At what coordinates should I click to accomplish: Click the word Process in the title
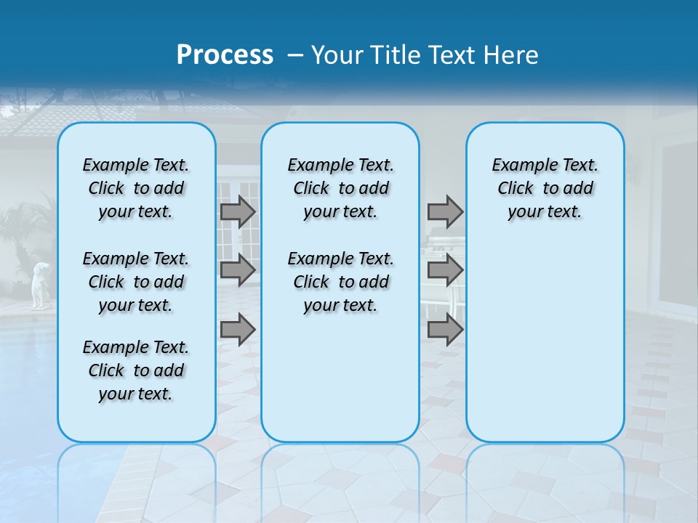pos(225,54)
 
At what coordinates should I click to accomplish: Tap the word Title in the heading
pos(393,55)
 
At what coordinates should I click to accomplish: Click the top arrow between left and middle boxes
pos(238,211)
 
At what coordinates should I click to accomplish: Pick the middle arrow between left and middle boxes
pos(238,270)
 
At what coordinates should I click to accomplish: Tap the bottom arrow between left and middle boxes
pos(238,330)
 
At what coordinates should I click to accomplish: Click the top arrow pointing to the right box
pos(445,211)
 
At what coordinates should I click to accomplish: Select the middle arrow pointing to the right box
pos(445,270)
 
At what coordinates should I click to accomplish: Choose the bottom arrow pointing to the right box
pos(445,330)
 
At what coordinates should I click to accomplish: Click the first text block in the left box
pos(136,188)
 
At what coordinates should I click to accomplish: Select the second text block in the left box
pos(136,282)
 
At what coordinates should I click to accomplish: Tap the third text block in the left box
pos(136,370)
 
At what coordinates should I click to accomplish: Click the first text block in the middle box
pos(340,188)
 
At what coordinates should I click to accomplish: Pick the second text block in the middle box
pos(340,282)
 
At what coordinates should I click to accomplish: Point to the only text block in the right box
pos(545,188)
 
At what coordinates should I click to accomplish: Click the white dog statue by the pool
pos(40,284)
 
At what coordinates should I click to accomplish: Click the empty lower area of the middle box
pos(340,378)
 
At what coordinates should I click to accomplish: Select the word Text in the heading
pos(449,55)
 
